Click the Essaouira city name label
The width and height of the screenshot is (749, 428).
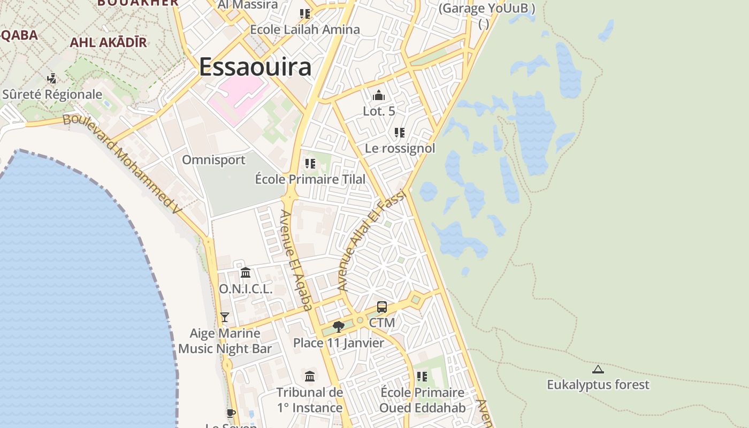click(255, 67)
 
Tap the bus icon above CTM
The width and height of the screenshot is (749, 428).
click(381, 307)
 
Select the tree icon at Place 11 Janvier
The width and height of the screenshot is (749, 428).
click(338, 326)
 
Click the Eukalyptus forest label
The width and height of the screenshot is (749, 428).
click(598, 385)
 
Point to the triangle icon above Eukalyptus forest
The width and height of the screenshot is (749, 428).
click(598, 369)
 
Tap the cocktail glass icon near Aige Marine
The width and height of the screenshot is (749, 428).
click(225, 317)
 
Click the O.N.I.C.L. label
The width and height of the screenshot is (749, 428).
click(246, 289)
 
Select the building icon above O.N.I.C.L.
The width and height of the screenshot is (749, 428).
click(246, 273)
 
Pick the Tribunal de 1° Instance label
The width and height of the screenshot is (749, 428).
click(310, 400)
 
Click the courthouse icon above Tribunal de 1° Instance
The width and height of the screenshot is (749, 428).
click(310, 376)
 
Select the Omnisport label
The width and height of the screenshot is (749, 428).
click(213, 160)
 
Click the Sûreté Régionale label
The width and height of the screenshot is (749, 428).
click(52, 95)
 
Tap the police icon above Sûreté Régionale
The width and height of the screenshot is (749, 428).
click(52, 79)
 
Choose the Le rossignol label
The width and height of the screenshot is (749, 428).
click(400, 148)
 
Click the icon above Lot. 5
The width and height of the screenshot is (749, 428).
click(379, 96)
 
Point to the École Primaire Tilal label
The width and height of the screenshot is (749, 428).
click(310, 179)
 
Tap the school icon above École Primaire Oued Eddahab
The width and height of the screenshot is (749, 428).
click(422, 377)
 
